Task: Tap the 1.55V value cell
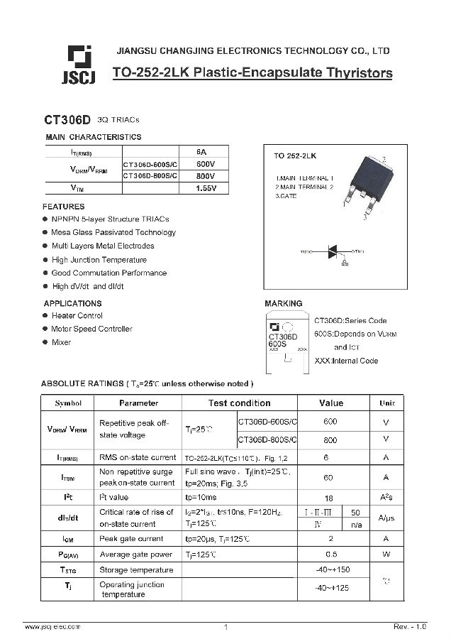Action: click(206, 188)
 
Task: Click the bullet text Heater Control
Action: click(77, 315)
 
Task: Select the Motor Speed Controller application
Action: click(91, 329)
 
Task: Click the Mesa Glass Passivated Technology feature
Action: click(113, 232)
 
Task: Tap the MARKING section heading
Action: click(284, 304)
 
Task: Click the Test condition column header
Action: click(239, 403)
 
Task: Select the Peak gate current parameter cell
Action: click(131, 539)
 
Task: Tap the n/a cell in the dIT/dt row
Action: click(357, 525)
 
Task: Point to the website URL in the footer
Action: click(52, 627)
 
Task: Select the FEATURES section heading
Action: click(63, 207)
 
